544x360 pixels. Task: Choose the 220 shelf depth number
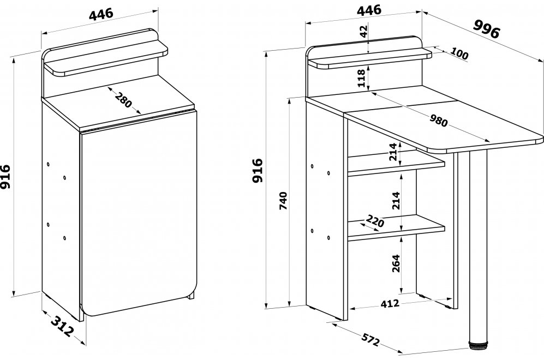tap(375, 221)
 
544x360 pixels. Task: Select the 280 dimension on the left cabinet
tap(123, 100)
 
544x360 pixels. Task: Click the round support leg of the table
tap(476, 245)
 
